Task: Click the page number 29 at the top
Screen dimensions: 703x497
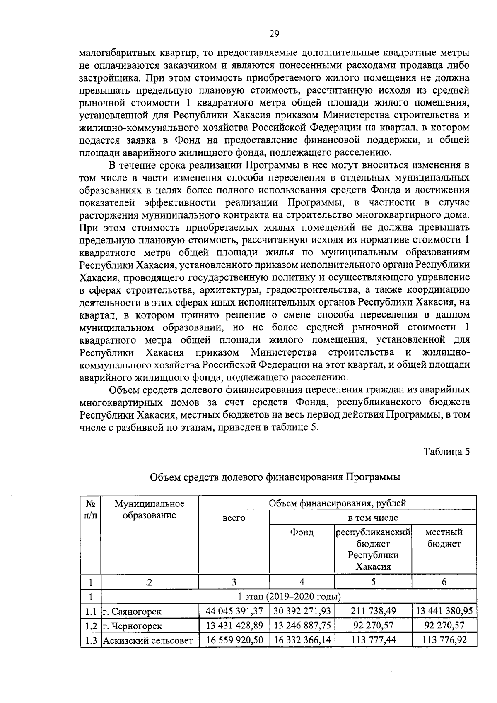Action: (x=274, y=34)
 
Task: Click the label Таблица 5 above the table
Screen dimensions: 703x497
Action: (x=446, y=451)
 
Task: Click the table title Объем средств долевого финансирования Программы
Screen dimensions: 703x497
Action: (x=275, y=477)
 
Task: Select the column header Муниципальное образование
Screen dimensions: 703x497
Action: (x=150, y=509)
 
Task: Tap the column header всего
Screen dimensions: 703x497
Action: (x=234, y=518)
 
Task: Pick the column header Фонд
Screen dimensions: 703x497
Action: (x=302, y=532)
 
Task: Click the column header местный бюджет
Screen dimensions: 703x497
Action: (x=444, y=538)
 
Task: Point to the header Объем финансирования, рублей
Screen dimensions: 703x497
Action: (x=337, y=503)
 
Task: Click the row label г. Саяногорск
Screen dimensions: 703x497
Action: (x=132, y=611)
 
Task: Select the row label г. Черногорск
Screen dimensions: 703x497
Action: (x=132, y=626)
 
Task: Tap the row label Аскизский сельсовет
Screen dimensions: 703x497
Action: (x=148, y=640)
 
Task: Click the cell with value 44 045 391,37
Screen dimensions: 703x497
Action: (x=234, y=611)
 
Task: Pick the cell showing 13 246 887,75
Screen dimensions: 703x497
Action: (x=302, y=626)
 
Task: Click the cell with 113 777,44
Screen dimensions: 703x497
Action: (x=374, y=640)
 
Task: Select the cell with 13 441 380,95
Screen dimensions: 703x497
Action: (x=444, y=611)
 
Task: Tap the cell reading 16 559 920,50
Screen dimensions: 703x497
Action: (x=234, y=640)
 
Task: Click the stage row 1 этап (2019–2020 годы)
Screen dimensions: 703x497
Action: (x=289, y=597)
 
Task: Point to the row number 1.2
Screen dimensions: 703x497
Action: (x=91, y=626)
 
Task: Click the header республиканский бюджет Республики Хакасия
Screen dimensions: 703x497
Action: (x=373, y=549)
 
